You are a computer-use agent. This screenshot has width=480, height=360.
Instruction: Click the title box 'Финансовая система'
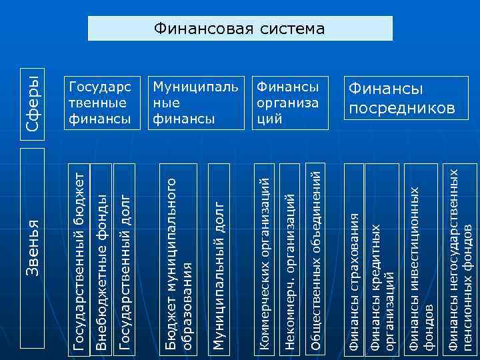click(x=240, y=29)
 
